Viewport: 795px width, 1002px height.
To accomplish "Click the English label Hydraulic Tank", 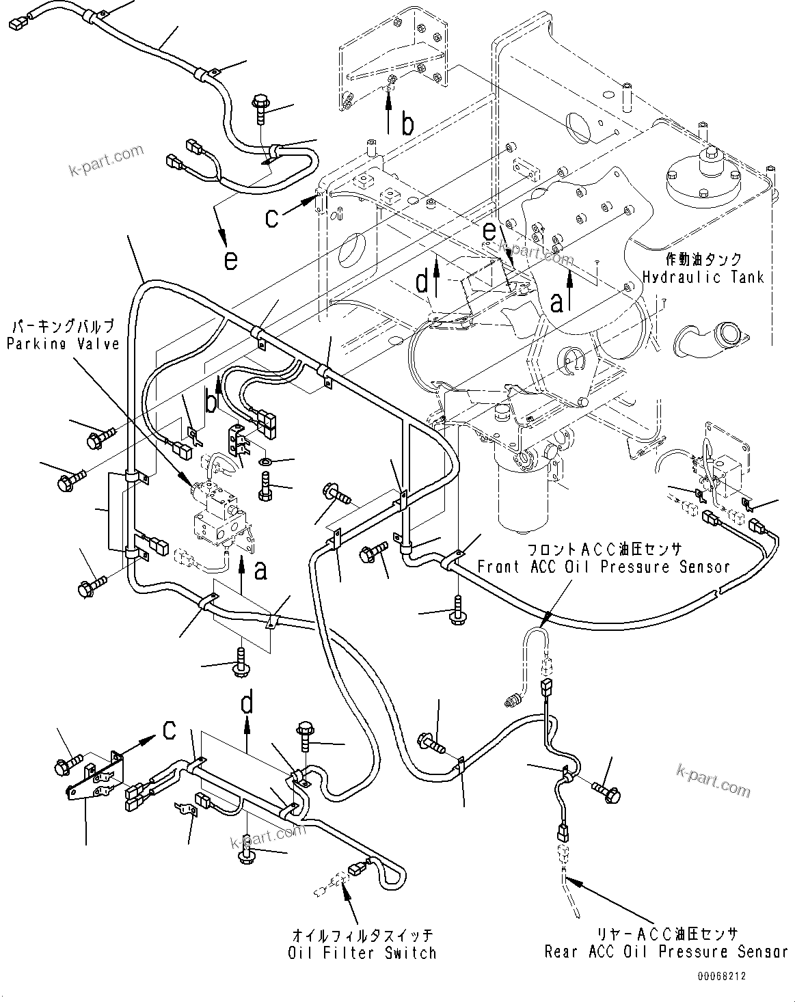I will (703, 277).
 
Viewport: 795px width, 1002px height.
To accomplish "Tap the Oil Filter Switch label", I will (362, 952).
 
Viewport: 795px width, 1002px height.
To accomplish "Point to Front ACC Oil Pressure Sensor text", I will (603, 567).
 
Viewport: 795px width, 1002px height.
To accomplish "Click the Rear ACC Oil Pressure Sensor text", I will (666, 951).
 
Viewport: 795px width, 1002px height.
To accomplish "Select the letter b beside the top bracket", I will (407, 124).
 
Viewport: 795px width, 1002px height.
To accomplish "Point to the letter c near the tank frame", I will (272, 217).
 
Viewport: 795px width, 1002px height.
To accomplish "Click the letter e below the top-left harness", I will (231, 260).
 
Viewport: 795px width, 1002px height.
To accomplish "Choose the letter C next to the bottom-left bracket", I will (169, 731).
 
